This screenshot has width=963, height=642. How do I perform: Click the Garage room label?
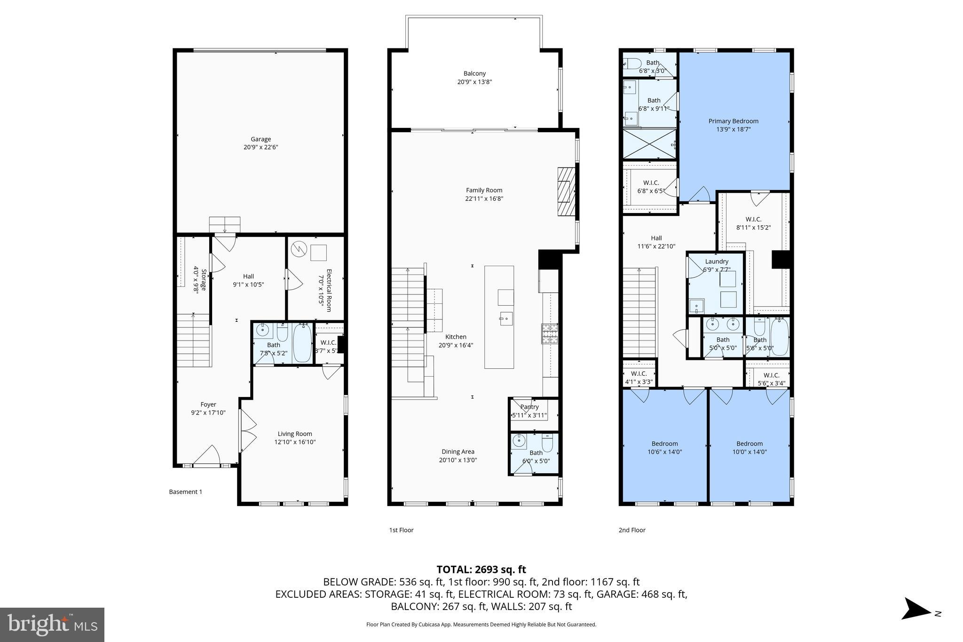[x=260, y=139]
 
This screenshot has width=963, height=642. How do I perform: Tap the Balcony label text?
[x=474, y=74]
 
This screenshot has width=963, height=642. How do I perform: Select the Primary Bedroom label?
[x=733, y=121]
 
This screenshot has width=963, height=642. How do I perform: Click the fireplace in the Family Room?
[x=566, y=191]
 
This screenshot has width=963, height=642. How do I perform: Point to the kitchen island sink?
[x=506, y=318]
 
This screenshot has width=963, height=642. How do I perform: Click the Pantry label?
[x=529, y=407]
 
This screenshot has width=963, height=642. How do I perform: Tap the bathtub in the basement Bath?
[x=302, y=343]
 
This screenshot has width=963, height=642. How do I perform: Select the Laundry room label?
[x=717, y=262]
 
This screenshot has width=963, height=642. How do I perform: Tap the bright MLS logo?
[x=52, y=625]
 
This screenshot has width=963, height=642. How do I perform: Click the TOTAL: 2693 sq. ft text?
[x=481, y=570]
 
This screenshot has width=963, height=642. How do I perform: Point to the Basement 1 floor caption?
[x=185, y=492]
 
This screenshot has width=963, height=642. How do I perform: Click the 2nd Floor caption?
[x=631, y=530]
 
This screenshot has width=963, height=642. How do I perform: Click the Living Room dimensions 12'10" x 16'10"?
[x=295, y=442]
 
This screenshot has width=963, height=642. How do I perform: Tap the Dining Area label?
[x=458, y=452]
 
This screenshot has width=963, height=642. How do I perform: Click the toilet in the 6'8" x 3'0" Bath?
[x=633, y=63]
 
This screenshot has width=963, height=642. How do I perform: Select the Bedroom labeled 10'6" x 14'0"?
[x=664, y=444]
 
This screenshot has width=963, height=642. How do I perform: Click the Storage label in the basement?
[x=204, y=280]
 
